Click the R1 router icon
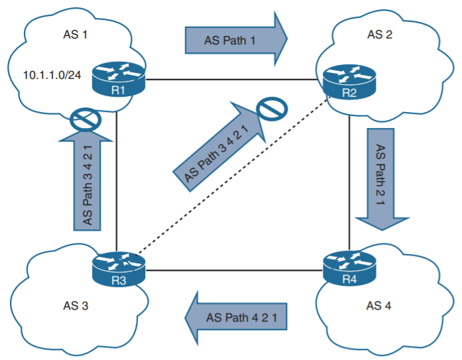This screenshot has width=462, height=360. point(117,80)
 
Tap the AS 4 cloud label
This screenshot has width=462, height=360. point(379,306)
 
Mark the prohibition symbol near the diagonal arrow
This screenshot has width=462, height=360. point(272,110)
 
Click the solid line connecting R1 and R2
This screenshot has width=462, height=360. point(232,80)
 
